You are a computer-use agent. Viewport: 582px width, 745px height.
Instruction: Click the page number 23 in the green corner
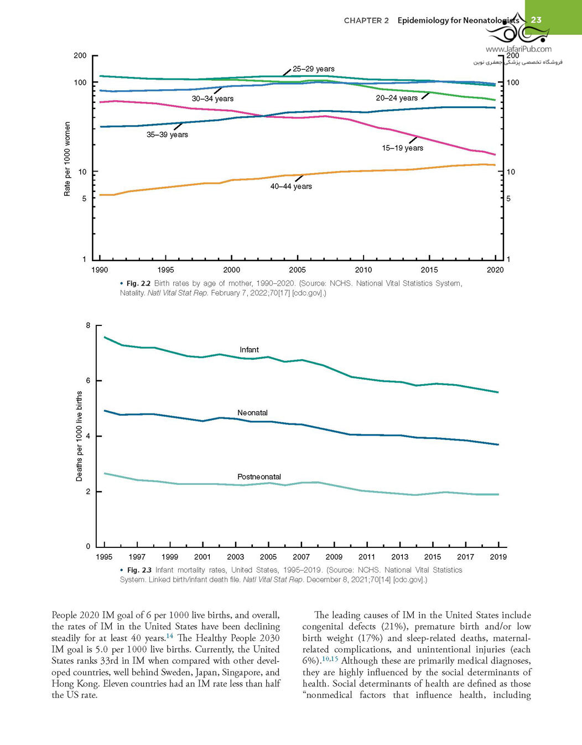tap(536, 20)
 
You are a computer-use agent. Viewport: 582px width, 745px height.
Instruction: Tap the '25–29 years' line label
tap(314, 69)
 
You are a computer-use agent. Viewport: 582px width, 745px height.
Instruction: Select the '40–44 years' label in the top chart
tap(291, 187)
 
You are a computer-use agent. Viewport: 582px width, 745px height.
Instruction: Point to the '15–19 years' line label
tap(403, 148)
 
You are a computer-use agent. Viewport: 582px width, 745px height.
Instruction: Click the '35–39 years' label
tap(167, 134)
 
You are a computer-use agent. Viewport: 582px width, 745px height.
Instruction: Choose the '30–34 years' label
tap(213, 99)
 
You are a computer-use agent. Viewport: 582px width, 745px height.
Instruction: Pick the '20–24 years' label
tap(397, 98)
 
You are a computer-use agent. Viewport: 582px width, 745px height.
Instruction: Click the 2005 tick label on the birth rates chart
tap(297, 270)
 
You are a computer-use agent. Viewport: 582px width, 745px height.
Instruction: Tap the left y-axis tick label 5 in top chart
tap(85, 199)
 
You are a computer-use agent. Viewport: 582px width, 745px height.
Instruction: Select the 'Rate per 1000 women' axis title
tap(67, 159)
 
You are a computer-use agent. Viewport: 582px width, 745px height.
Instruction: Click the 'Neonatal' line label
tap(252, 413)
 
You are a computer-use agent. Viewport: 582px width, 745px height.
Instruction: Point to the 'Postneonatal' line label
tap(259, 477)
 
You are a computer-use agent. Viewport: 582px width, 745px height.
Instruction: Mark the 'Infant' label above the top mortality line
tap(249, 350)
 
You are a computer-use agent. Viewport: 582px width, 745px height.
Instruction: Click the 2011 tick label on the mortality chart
tap(367, 557)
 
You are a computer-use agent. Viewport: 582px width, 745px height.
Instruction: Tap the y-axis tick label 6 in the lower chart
tap(89, 381)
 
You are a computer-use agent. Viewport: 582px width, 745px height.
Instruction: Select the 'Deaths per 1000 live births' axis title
tap(79, 436)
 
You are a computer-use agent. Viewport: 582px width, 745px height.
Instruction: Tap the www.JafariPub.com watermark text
tap(518, 49)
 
